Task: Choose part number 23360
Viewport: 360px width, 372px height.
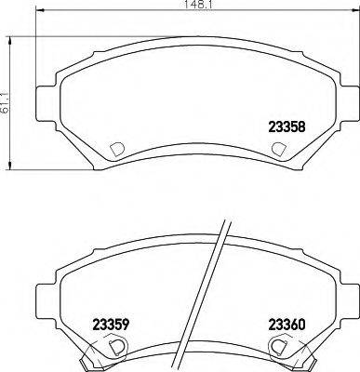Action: click(x=286, y=324)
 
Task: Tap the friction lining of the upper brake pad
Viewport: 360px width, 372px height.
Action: click(x=186, y=102)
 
